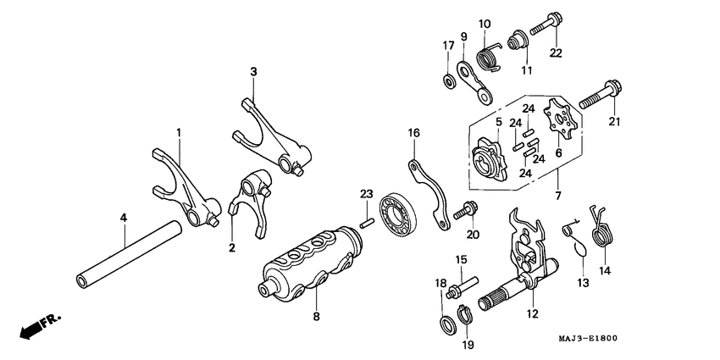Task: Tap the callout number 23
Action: click(x=366, y=194)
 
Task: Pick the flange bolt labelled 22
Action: click(x=546, y=25)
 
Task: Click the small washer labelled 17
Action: click(x=446, y=80)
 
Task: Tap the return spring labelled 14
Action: click(x=602, y=226)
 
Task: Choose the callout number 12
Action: click(x=532, y=315)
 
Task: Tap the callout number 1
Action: click(x=179, y=133)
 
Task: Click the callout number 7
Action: click(x=559, y=197)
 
